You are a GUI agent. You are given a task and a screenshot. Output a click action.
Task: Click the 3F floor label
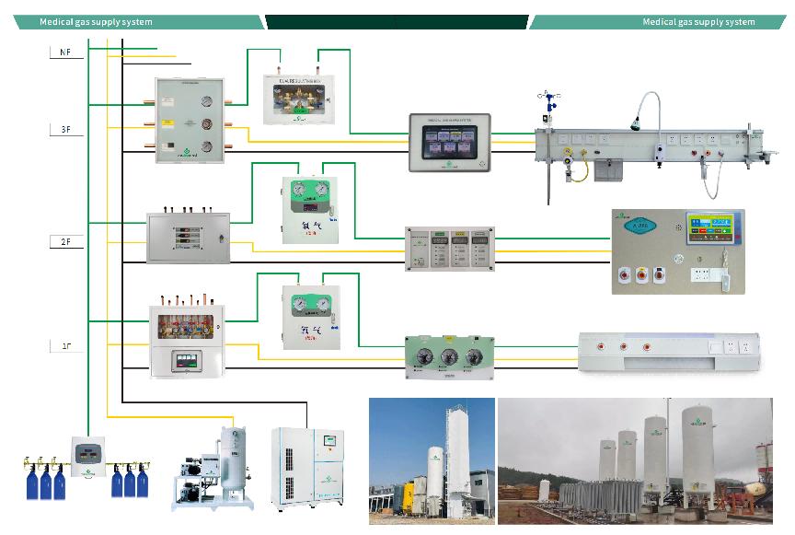point(65,131)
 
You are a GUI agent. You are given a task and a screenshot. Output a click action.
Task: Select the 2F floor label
point(65,240)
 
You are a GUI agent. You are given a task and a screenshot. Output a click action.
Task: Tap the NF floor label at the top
point(65,53)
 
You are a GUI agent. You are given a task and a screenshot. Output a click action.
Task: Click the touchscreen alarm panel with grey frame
point(450,142)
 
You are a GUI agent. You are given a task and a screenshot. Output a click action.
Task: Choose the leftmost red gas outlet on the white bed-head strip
point(602,347)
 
